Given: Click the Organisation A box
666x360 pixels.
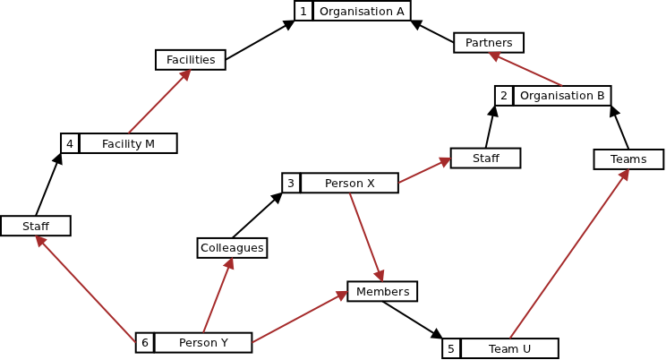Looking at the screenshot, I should coord(362,11).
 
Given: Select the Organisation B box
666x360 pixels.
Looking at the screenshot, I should coord(562,96).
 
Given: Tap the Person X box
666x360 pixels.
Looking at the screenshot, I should coord(349,184).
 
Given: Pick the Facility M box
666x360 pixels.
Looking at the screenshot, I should coord(128,143).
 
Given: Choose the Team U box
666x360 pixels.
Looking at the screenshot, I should coord(509,348).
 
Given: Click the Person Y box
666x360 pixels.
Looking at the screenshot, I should coord(203,343).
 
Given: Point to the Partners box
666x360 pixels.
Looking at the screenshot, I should coord(489,43).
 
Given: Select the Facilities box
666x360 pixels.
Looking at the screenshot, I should coord(191,60).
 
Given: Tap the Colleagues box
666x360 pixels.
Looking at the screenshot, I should coord(232,248).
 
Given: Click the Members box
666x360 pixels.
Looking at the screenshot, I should coord(382,292).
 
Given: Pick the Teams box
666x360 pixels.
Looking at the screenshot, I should coord(628,159).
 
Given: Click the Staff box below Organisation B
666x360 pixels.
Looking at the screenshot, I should coord(485,159).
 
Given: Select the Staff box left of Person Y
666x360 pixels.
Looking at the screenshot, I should coord(36,227).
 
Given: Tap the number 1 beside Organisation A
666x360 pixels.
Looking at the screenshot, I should coord(303,11).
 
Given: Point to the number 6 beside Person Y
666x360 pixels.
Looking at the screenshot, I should coord(144,343).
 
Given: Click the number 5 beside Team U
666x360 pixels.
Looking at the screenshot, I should coord(451,348).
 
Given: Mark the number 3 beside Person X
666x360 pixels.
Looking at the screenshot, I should coord(291,184).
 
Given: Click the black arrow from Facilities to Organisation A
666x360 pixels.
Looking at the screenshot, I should coord(260,40).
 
